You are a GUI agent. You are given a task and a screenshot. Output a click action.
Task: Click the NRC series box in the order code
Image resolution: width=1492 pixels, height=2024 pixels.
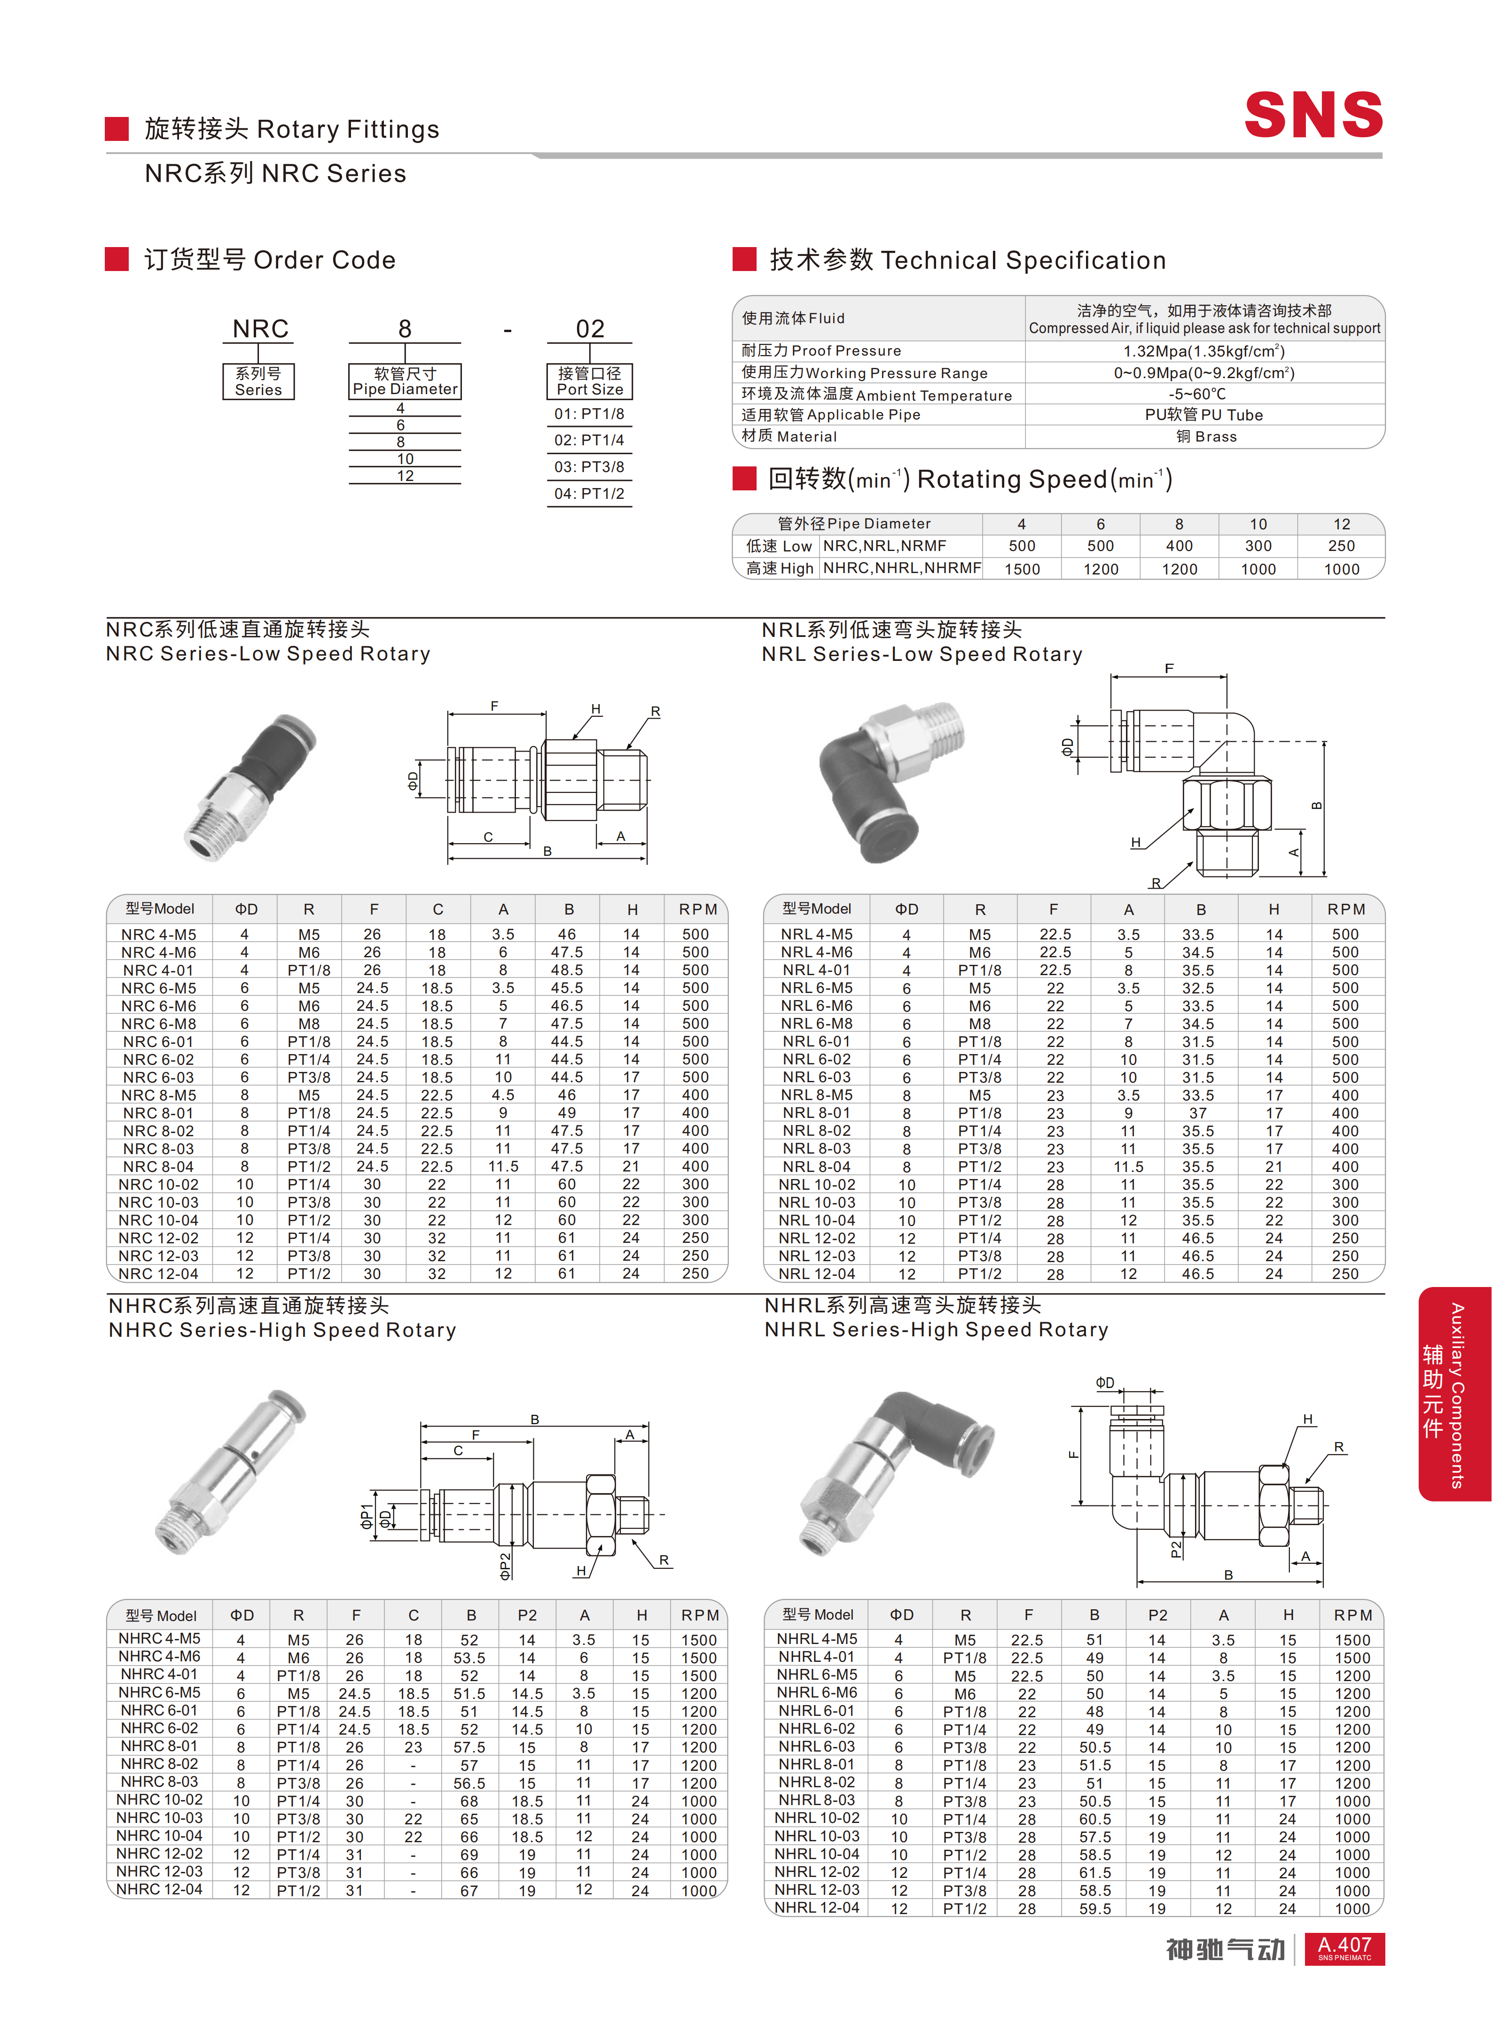click(x=258, y=381)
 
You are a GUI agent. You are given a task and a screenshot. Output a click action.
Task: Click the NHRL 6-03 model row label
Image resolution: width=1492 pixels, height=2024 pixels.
click(x=816, y=1746)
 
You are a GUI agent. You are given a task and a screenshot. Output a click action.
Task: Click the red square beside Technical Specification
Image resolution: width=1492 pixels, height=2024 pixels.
click(x=744, y=259)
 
